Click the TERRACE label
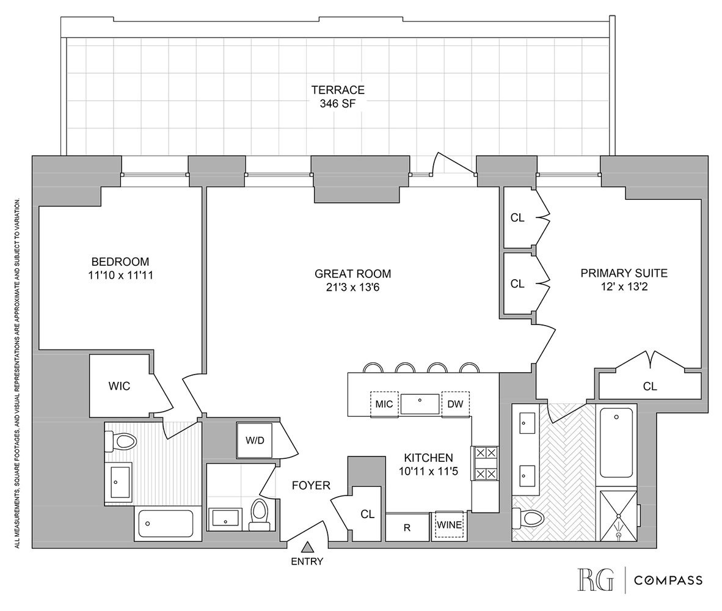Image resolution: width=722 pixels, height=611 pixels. click(x=337, y=90)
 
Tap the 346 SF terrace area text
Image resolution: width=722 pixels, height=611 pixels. click(x=337, y=104)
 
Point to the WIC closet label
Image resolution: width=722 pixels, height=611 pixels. click(x=119, y=386)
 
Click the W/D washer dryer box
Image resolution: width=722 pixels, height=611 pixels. click(x=254, y=440)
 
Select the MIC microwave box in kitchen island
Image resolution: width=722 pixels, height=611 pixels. click(x=384, y=404)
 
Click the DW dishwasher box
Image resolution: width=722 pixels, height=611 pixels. click(x=455, y=404)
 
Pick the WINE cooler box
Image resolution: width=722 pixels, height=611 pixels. click(x=449, y=525)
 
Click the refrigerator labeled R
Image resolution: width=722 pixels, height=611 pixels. click(x=407, y=527)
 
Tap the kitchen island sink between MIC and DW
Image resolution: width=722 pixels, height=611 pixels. click(x=420, y=403)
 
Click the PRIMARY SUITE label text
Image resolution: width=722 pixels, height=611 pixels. click(x=624, y=273)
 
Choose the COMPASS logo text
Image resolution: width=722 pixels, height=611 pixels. click(x=668, y=580)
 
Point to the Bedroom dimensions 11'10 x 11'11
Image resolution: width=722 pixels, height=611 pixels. click(x=119, y=276)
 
